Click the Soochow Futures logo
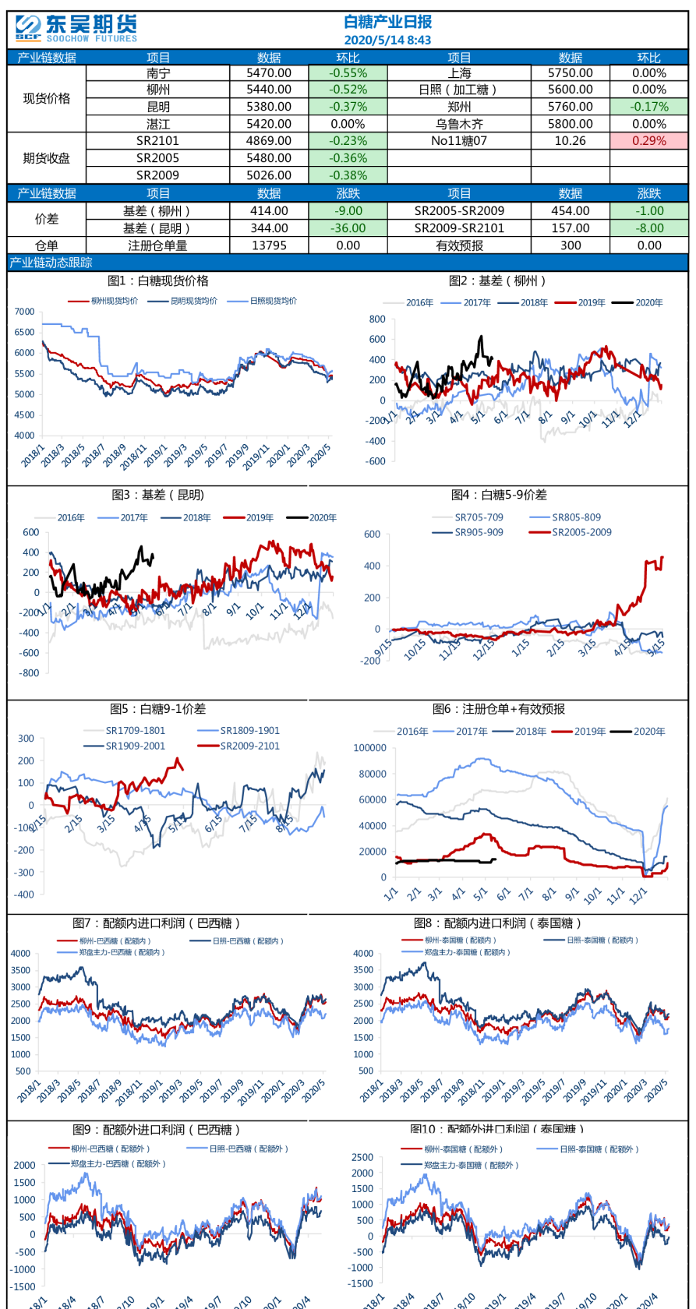click(76, 29)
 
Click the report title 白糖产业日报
click(387, 22)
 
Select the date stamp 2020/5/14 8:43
click(387, 40)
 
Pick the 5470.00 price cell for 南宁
click(269, 72)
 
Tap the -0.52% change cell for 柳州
click(348, 90)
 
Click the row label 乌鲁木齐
click(459, 124)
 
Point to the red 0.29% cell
click(648, 141)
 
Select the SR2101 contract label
click(157, 141)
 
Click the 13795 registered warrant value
click(269, 245)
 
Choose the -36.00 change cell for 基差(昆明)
click(348, 228)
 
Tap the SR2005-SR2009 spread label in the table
click(459, 211)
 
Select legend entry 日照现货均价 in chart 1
click(273, 301)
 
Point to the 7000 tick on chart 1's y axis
click(25, 312)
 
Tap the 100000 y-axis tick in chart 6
click(369, 748)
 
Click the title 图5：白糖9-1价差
click(158, 709)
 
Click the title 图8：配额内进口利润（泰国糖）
click(498, 923)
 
